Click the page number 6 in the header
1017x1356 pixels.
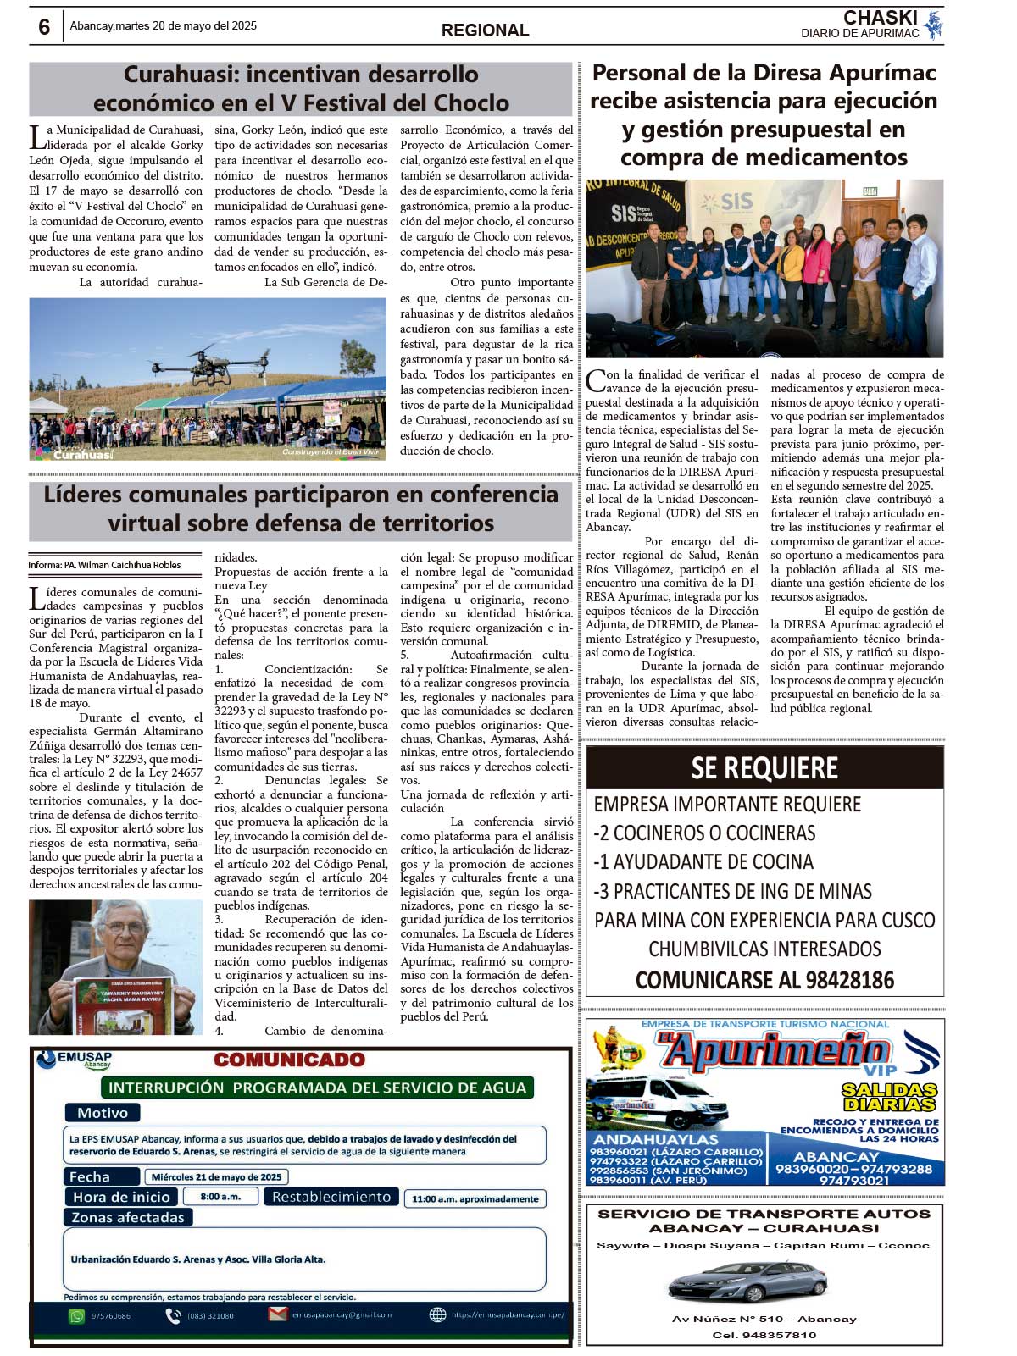44,26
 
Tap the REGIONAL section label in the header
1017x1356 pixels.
485,30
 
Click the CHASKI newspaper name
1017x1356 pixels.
880,17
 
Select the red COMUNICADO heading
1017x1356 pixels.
289,1060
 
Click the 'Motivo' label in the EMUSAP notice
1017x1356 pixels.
103,1113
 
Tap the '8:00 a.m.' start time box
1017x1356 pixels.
220,1197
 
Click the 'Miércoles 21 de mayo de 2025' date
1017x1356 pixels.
216,1176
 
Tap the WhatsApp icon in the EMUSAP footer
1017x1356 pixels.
77,1315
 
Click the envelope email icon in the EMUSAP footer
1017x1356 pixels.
277,1314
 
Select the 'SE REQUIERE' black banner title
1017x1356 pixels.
764,767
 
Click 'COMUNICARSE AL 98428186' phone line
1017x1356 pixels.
764,980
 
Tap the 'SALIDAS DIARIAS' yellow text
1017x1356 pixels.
889,1097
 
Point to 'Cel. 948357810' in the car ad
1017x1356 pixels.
764,1335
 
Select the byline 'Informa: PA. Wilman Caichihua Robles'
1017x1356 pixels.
104,565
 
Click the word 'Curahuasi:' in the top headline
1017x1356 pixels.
181,75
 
